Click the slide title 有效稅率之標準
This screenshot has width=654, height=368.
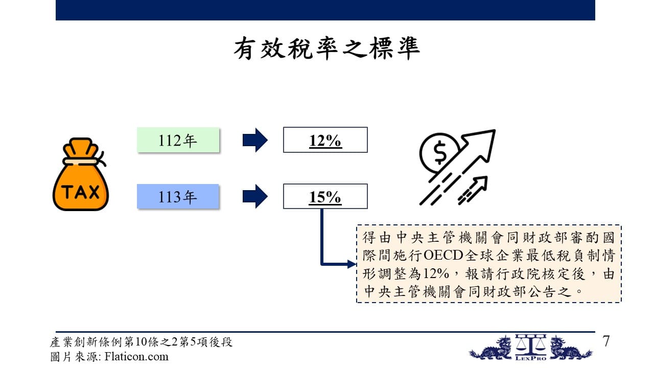(326, 49)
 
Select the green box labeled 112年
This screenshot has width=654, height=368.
(178, 140)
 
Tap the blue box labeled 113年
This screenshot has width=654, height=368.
(178, 196)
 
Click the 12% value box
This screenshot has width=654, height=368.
(325, 140)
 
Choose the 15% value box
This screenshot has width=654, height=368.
(325, 196)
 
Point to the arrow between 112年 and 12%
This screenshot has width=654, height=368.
(255, 140)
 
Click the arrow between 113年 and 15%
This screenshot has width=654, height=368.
(255, 196)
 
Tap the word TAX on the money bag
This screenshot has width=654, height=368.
(81, 192)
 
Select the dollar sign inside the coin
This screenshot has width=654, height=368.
(440, 152)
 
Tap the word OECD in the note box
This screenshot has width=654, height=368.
(443, 256)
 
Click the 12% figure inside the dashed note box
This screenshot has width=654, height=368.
(436, 273)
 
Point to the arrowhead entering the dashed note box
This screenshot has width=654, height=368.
(352, 264)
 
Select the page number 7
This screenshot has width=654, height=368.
(606, 341)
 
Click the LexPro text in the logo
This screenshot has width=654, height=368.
(531, 358)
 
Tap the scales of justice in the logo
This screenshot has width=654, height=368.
(531, 344)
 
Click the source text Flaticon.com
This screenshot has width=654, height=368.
(136, 357)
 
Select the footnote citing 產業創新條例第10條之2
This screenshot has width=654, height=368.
(141, 342)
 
